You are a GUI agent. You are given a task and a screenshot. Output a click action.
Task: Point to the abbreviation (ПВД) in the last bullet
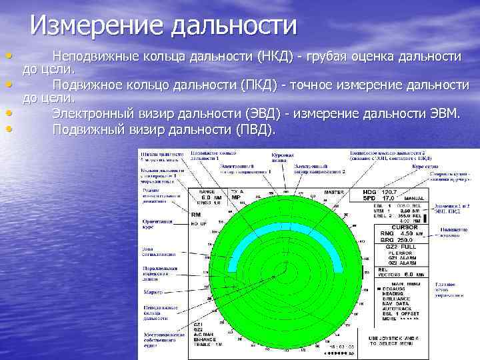pos(255,129)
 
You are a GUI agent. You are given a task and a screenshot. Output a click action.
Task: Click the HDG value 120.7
pos(389,192)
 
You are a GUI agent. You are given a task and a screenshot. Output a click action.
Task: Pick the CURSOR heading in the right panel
pos(404,227)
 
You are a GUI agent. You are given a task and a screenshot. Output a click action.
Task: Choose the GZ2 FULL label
pos(401,246)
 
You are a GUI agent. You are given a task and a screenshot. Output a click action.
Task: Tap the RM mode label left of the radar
pos(196,215)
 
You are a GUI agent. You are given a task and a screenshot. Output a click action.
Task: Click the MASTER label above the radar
pos(333,192)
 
